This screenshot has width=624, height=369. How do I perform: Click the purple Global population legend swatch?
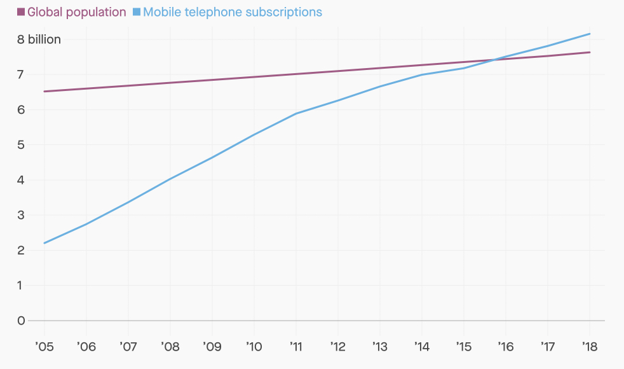coord(21,12)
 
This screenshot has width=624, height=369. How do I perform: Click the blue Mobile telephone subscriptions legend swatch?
coord(137,12)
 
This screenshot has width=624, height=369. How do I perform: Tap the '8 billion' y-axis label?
coord(39,39)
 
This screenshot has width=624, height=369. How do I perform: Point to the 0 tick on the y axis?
coord(22,321)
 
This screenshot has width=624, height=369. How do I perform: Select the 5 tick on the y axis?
coord(22,144)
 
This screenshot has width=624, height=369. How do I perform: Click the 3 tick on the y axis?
coord(22,215)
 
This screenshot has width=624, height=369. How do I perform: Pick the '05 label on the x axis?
coord(44,347)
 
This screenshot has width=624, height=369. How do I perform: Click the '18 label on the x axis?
coord(590,347)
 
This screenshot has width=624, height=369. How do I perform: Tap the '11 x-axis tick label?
coord(295,347)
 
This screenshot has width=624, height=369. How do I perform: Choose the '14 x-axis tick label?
coord(421,347)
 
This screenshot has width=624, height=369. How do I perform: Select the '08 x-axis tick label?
coord(170,347)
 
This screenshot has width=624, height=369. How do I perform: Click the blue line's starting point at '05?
coord(44,243)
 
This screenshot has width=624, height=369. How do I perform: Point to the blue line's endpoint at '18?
coord(590,34)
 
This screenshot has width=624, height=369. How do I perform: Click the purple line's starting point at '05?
coord(44,92)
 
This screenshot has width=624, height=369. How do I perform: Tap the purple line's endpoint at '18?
coord(590,52)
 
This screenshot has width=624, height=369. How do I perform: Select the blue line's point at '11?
coord(296,113)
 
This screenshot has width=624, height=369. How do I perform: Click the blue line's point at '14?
coord(422,74)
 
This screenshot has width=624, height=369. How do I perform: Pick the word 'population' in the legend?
coord(94,12)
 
